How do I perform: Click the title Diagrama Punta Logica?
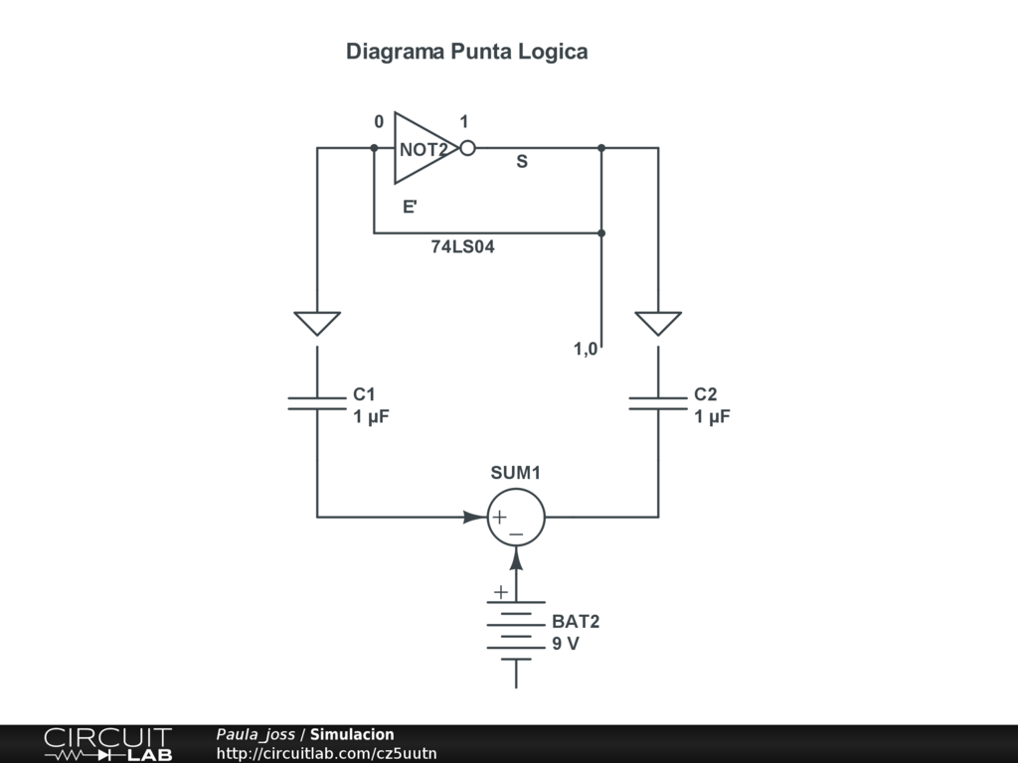(x=466, y=52)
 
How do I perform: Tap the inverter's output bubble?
(x=467, y=149)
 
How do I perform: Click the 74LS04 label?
(x=462, y=247)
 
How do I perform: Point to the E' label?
(x=410, y=208)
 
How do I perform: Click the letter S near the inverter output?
(x=522, y=162)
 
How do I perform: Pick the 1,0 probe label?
(x=586, y=349)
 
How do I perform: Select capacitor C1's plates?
(x=317, y=402)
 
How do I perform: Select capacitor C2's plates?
(x=658, y=402)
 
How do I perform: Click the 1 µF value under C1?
(x=371, y=417)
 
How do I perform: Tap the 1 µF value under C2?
(x=712, y=417)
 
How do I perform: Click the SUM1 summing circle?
(x=516, y=517)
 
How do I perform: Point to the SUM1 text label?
(x=515, y=473)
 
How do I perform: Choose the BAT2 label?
(x=576, y=622)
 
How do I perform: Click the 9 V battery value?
(x=566, y=644)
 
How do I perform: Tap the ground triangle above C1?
(x=317, y=323)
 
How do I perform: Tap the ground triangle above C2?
(x=658, y=323)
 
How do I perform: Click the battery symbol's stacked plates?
(x=516, y=630)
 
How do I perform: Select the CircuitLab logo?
(x=107, y=743)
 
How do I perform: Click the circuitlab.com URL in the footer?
(x=326, y=753)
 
